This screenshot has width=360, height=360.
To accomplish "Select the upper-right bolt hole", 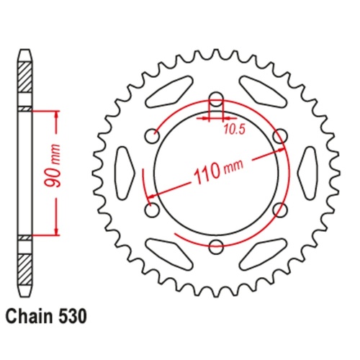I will click(281, 135).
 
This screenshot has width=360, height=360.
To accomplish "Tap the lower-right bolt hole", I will click(281, 210).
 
